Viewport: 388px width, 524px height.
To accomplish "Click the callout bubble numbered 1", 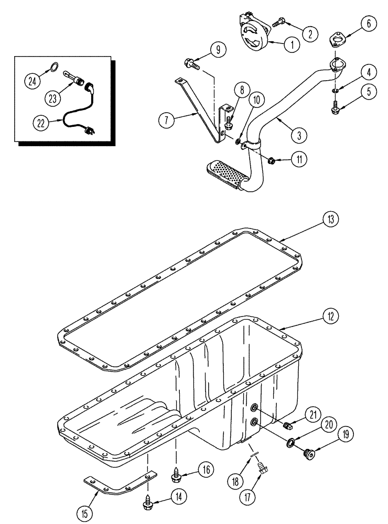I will click(288, 45).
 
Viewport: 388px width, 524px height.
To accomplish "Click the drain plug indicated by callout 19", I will click(309, 454).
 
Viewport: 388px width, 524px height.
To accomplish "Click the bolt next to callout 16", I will click(176, 476).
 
